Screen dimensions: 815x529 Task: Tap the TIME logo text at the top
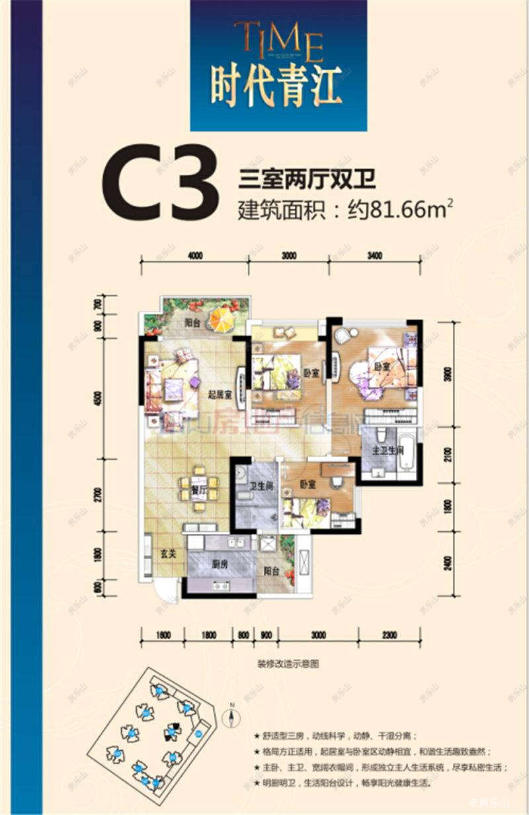point(278,41)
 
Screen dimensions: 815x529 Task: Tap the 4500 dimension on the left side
point(99,399)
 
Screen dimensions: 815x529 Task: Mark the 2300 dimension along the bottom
point(389,636)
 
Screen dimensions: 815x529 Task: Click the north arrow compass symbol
point(232,714)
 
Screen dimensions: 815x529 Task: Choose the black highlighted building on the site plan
point(173,730)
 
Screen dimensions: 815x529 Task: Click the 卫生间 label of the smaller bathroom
point(249,486)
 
